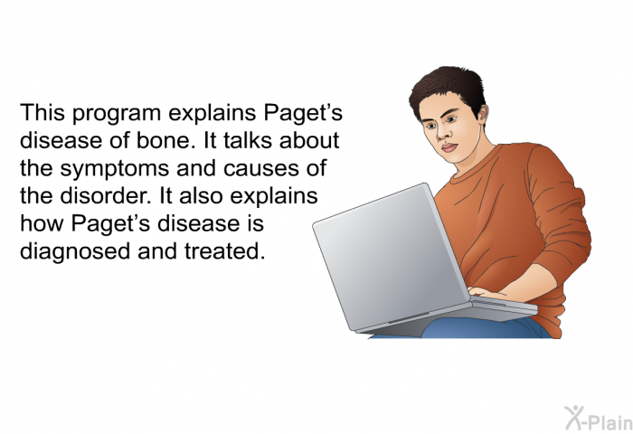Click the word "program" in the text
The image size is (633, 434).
point(117,114)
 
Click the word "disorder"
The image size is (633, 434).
point(106,195)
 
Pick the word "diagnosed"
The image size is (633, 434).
point(75,251)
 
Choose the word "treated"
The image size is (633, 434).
point(224,251)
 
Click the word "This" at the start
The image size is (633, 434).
point(43,112)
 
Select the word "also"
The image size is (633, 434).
point(201,195)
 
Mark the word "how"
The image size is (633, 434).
point(42,222)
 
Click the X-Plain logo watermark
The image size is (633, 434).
point(599,419)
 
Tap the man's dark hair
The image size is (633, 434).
point(448,88)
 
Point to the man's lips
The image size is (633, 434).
point(449,146)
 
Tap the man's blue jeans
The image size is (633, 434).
point(485,328)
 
